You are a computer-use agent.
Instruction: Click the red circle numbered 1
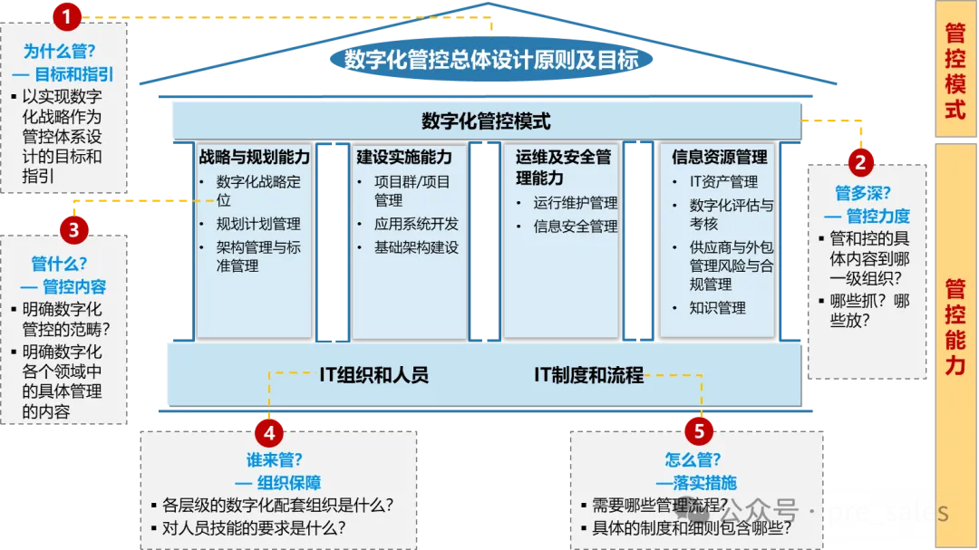[x=67, y=16]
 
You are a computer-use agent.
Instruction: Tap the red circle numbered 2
[x=860, y=162]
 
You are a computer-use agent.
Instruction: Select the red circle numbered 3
[x=73, y=230]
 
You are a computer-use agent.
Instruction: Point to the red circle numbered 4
[x=269, y=432]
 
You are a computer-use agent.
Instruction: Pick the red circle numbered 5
[x=699, y=430]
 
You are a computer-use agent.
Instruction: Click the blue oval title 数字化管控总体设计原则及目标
[x=491, y=60]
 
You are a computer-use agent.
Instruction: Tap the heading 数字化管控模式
[x=487, y=121]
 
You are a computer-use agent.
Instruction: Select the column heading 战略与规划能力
[x=254, y=157]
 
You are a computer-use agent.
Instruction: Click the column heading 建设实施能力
[x=404, y=157]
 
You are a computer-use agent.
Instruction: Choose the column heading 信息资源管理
[x=719, y=157]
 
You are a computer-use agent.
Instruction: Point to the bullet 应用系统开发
[x=416, y=224]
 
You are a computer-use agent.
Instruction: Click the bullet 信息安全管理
[x=575, y=226]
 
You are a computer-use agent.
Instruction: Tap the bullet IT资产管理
[x=723, y=181]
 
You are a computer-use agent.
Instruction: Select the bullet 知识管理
[x=717, y=308]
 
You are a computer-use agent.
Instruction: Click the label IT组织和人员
[x=374, y=374]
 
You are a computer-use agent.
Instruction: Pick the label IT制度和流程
[x=589, y=374]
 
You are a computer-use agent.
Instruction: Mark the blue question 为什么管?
[x=59, y=51]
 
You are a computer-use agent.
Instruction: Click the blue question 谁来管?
[x=274, y=460]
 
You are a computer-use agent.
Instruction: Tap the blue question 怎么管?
[x=693, y=460]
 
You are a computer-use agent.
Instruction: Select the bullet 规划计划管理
[x=257, y=224]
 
